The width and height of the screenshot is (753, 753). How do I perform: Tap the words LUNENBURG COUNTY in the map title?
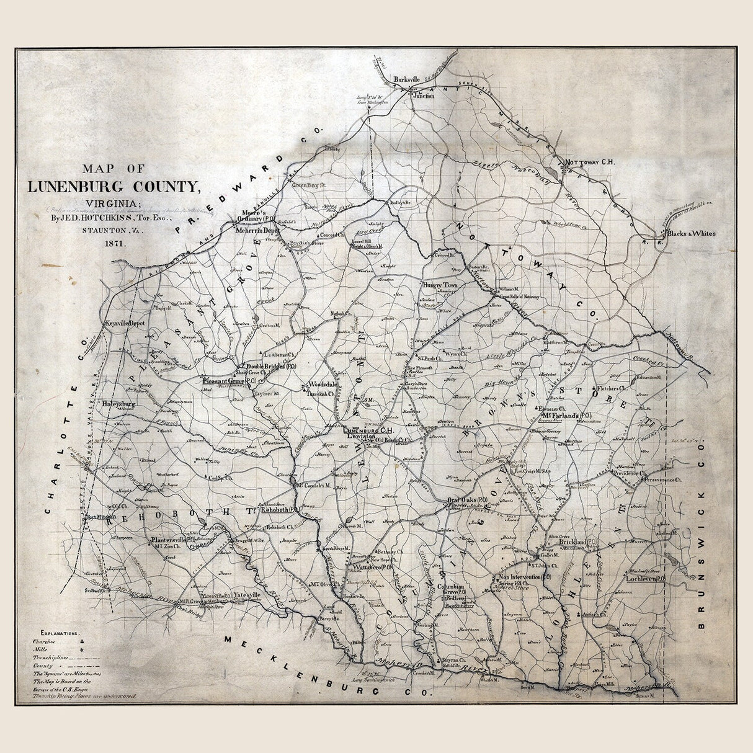pos(114,186)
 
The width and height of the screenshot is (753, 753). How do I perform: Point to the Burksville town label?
pos(410,79)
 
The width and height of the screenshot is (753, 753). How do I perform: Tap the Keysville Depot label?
pos(125,324)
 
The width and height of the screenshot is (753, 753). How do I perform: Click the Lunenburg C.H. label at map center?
pos(373,429)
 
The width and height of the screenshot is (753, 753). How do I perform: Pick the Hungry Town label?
pos(440,285)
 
